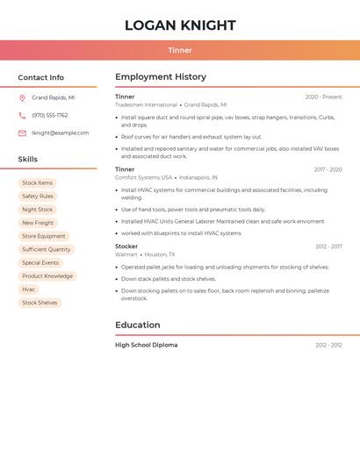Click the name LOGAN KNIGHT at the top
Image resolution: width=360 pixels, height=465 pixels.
click(180, 25)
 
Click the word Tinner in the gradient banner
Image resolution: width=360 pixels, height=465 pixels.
click(180, 50)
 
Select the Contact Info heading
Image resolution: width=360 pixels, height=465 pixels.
click(40, 77)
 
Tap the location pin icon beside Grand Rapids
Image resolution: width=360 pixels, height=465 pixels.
click(22, 98)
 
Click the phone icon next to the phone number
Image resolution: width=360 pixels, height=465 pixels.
click(22, 116)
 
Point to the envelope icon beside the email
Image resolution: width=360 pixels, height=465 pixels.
click(22, 133)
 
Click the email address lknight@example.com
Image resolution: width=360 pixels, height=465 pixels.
click(60, 133)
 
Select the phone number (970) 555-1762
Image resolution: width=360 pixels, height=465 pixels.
click(49, 116)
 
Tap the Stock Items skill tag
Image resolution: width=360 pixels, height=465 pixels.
click(37, 183)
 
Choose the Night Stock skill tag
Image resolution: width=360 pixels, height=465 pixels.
click(37, 210)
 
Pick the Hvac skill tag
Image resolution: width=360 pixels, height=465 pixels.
click(29, 290)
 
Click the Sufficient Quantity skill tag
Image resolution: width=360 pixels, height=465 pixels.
click(46, 250)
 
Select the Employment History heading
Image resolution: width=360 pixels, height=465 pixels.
click(161, 77)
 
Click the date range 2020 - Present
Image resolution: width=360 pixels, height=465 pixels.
click(323, 97)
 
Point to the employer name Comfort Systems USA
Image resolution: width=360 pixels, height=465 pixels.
click(143, 177)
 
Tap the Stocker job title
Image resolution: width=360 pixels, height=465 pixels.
click(126, 247)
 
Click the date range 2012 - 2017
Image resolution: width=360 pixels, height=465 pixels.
click(328, 247)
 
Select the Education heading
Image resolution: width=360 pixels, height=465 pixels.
click(138, 325)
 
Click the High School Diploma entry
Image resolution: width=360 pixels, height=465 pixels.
click(146, 345)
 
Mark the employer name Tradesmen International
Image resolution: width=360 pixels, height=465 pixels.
click(146, 104)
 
